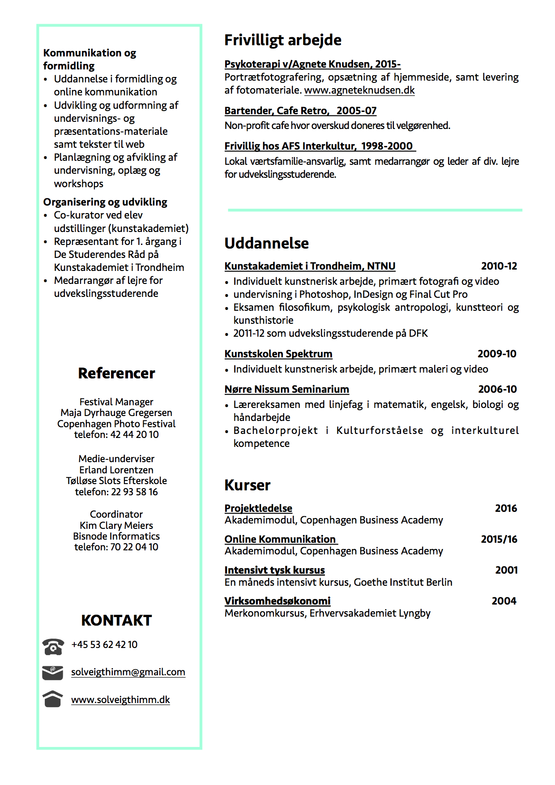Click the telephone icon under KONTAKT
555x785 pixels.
(53, 646)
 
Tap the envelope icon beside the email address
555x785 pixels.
(52, 673)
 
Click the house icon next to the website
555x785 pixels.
(52, 699)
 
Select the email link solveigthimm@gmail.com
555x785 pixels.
(128, 672)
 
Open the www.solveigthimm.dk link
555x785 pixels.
(120, 699)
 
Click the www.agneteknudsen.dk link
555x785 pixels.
(359, 90)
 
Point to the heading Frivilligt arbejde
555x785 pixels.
(282, 40)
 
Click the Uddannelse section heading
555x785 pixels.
(266, 243)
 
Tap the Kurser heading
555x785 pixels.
(247, 485)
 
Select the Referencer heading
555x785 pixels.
(116, 373)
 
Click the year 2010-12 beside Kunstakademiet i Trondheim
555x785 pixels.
(499, 266)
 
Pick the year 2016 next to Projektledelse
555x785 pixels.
(506, 508)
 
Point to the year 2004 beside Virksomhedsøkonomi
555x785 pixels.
(504, 601)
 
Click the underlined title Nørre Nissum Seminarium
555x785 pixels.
(286, 389)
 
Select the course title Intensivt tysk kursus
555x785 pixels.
(274, 570)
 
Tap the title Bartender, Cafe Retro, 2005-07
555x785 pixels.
(300, 111)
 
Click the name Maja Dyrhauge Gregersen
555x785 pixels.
(116, 412)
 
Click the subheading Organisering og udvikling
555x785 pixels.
(105, 202)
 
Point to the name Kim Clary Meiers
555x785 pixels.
(116, 525)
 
